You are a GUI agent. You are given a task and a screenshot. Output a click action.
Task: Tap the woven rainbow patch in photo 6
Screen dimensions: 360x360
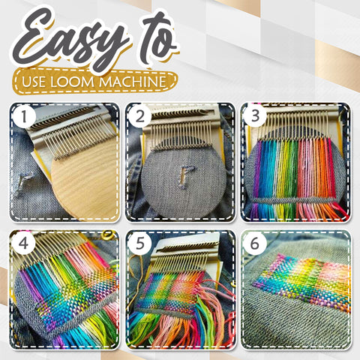point(300,285)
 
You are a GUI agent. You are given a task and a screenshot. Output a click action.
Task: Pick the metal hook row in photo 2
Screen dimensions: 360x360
point(180,136)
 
